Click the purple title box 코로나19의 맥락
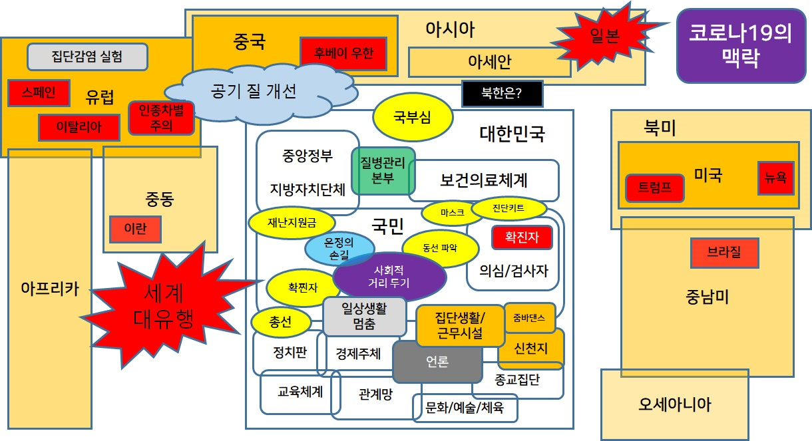tap(741, 46)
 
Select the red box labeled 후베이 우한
tap(343, 53)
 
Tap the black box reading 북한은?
tap(502, 94)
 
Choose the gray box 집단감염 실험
tap(87, 57)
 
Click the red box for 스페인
tap(39, 92)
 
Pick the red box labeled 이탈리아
tap(79, 127)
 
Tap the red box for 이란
tap(135, 229)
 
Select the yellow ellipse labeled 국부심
tap(413, 117)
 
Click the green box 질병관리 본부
tap(383, 170)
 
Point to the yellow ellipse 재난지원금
tap(292, 222)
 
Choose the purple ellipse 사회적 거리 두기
tap(389, 277)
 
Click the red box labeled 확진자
tap(522, 237)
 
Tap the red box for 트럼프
tap(655, 188)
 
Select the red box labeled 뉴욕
tap(776, 178)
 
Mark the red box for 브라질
tap(724, 253)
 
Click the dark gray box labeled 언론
tap(437, 361)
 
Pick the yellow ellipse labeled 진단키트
tap(508, 208)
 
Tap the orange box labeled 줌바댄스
tap(529, 318)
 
